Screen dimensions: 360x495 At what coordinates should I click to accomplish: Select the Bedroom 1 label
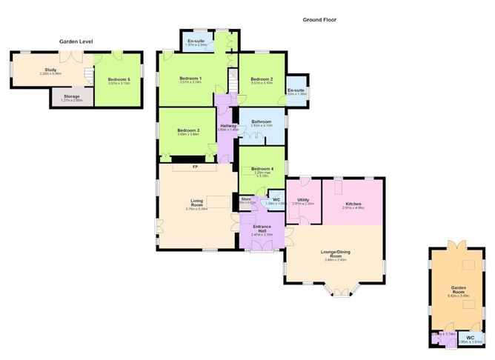[191, 79]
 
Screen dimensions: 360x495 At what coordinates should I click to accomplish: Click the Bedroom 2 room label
[262, 79]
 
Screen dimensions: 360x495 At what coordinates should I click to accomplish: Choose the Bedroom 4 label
[262, 169]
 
